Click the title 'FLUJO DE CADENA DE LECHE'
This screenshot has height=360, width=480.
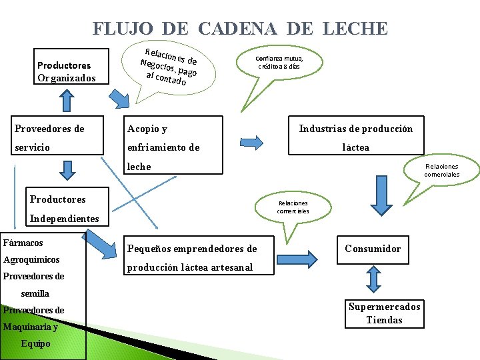point(240,29)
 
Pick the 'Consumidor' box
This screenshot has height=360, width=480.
point(373,249)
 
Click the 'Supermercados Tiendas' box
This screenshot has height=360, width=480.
point(384,313)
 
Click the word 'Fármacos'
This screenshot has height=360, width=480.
point(23,243)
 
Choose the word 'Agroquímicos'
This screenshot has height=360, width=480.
point(31,259)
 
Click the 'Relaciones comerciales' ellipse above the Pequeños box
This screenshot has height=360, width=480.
point(293,207)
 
